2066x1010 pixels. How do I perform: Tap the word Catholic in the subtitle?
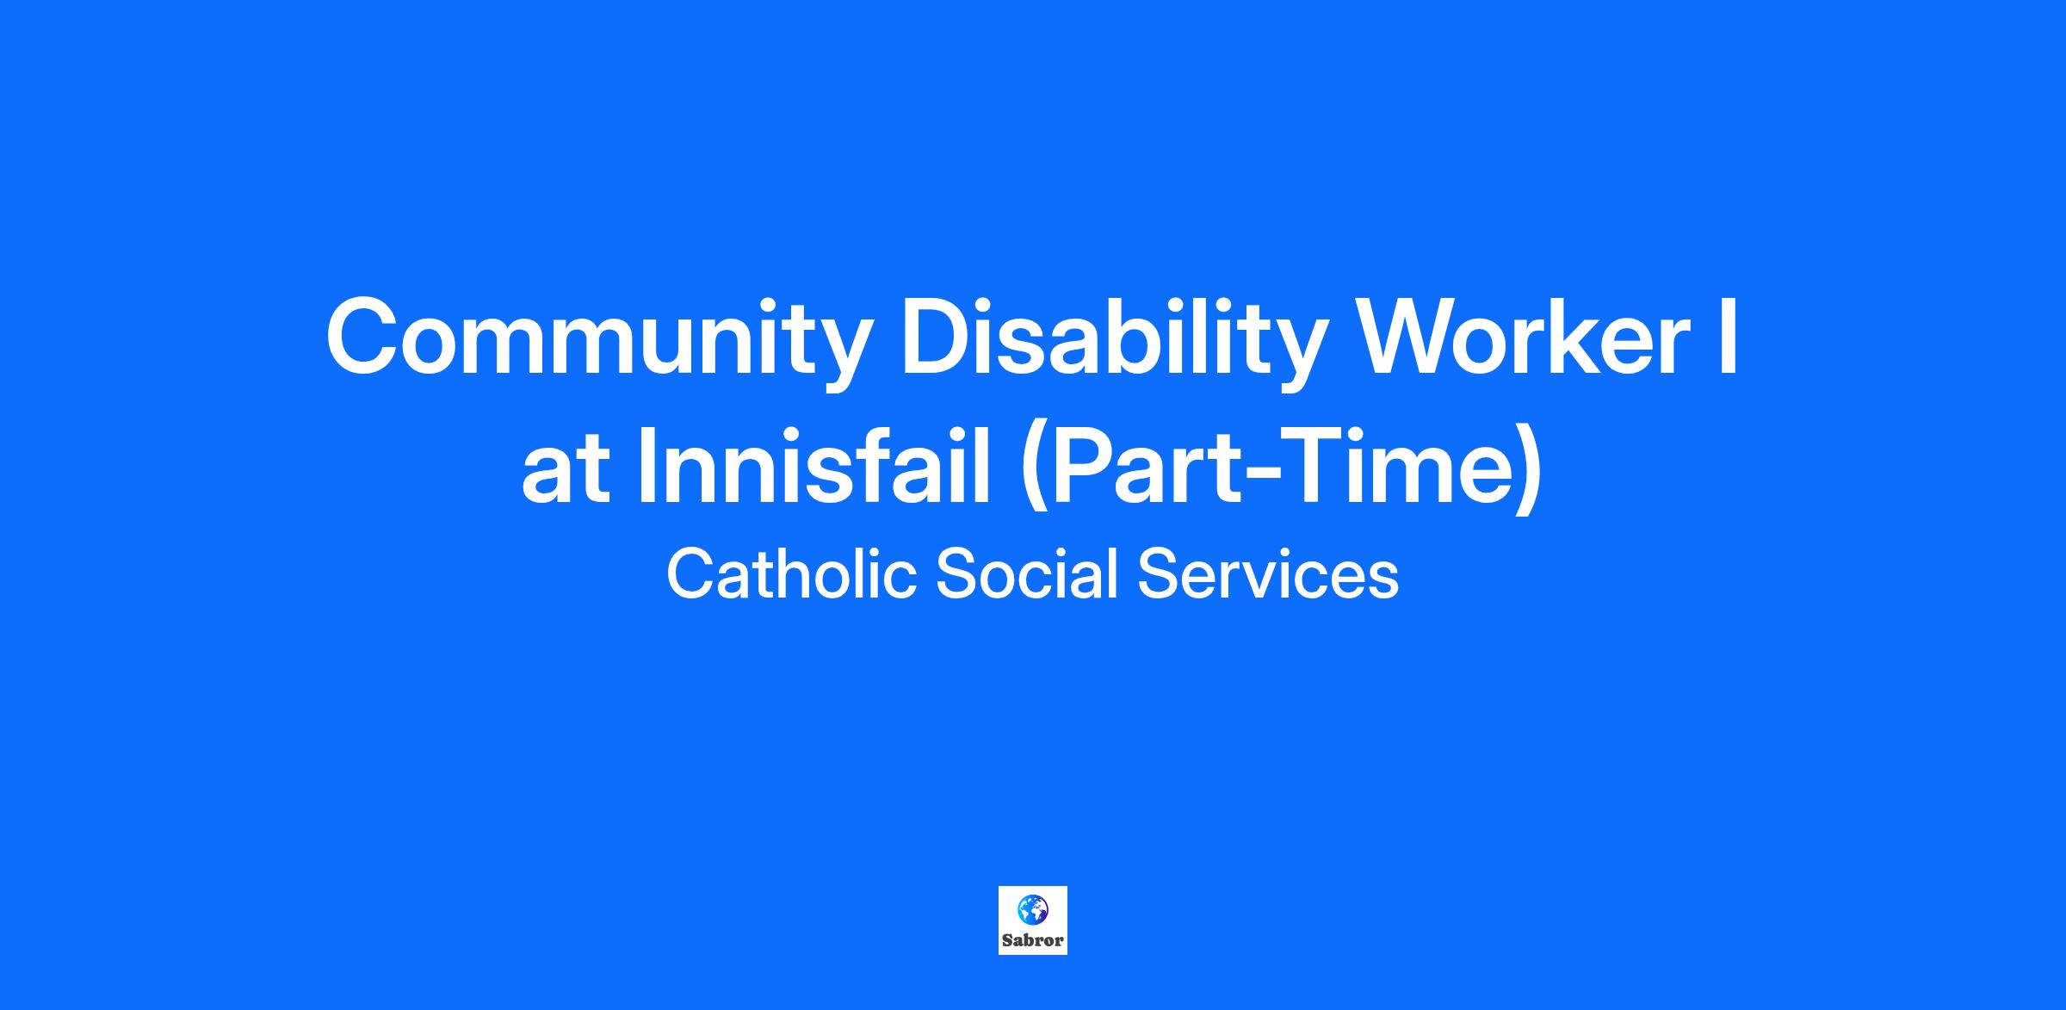pyautogui.click(x=791, y=574)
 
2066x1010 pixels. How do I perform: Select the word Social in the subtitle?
pyautogui.click(x=1026, y=574)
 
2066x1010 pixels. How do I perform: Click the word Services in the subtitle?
pyautogui.click(x=1268, y=574)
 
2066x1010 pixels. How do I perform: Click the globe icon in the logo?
pyautogui.click(x=1032, y=908)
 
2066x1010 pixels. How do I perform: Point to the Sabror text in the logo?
pyautogui.click(x=1033, y=940)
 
